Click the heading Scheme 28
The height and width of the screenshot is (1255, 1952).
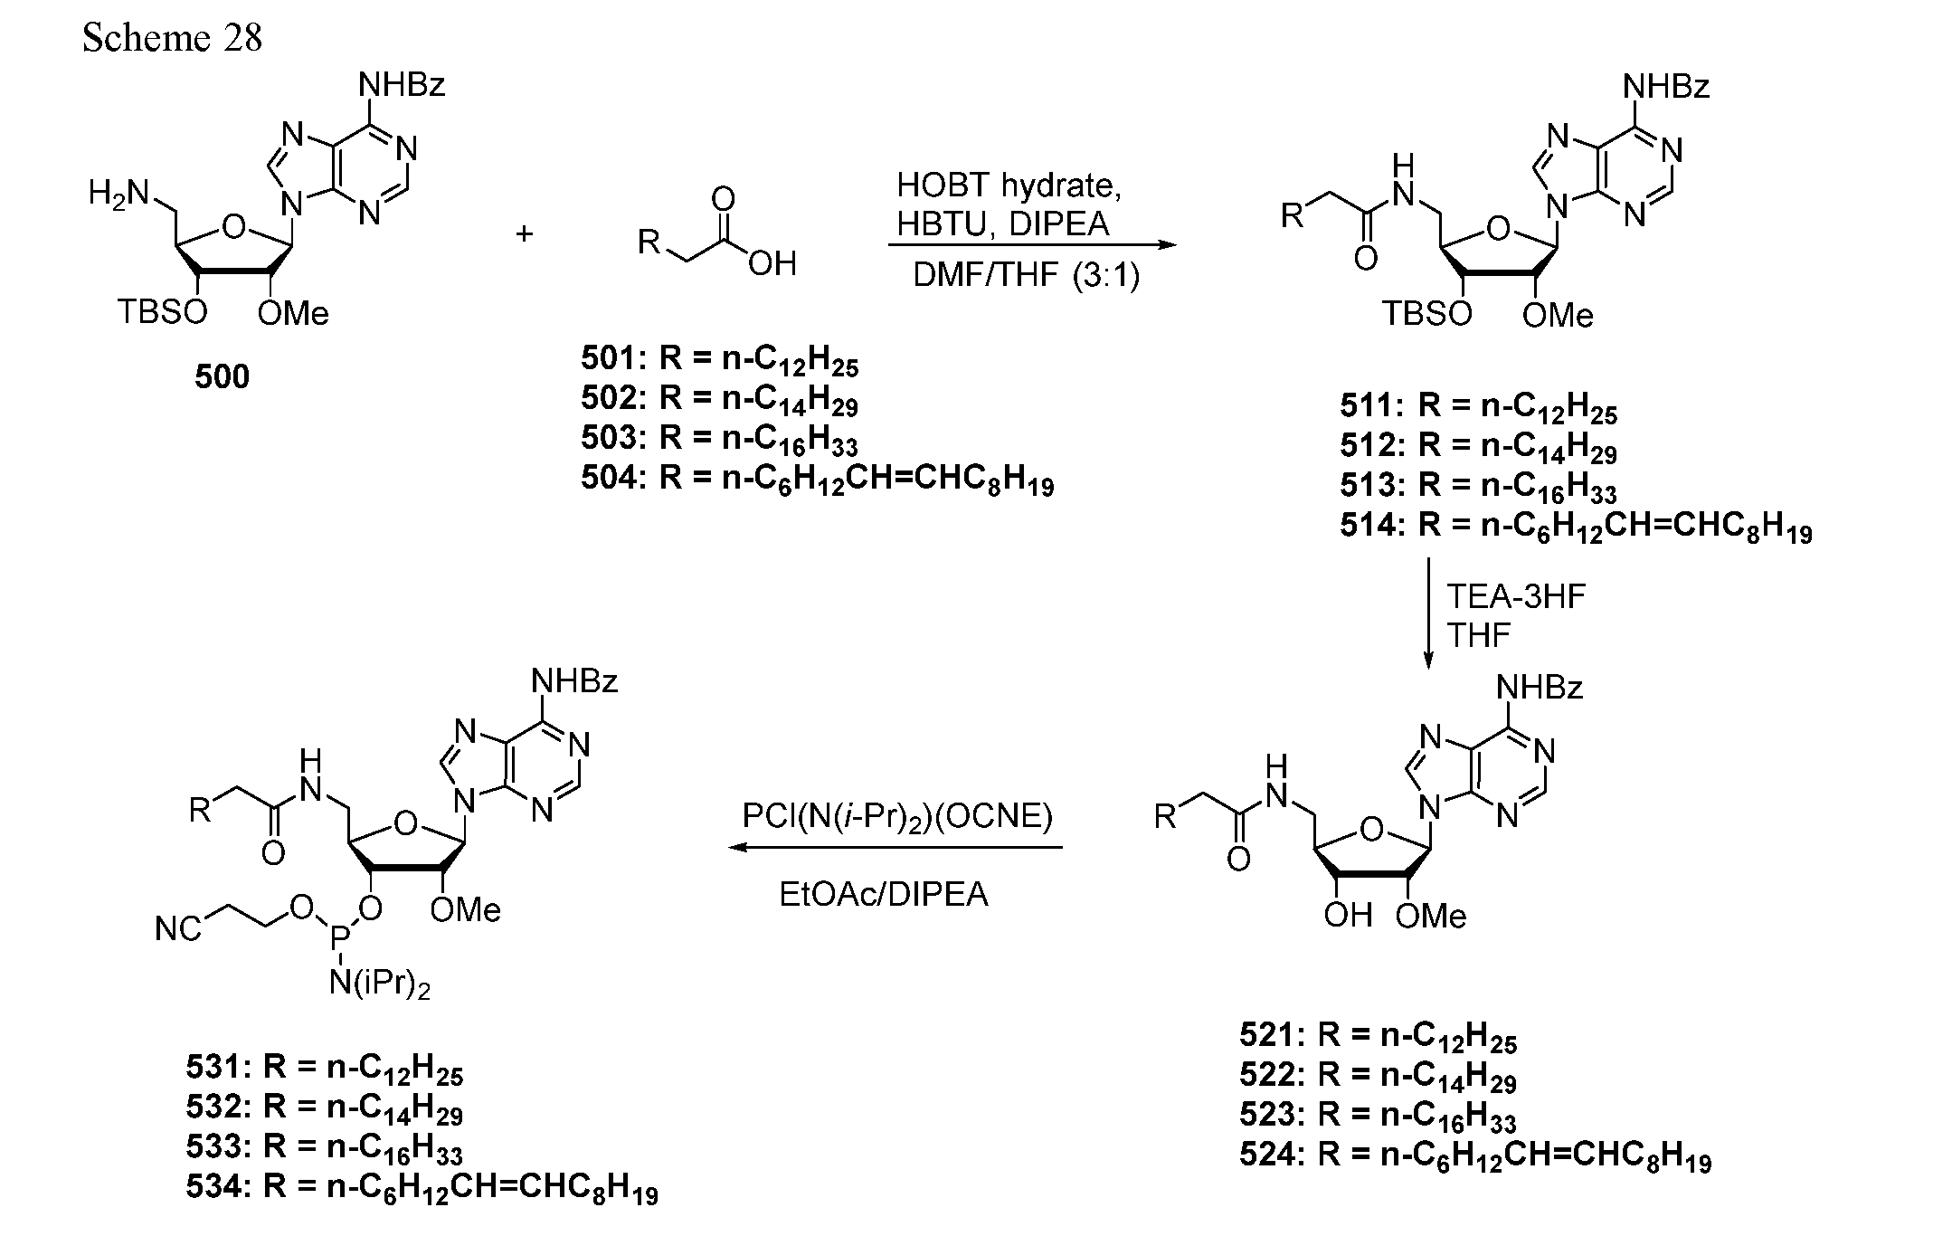coord(172,37)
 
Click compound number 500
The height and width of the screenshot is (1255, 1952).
coord(222,376)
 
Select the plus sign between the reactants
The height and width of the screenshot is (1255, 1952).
coord(525,234)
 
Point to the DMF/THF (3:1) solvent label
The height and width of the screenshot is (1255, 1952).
coord(1026,275)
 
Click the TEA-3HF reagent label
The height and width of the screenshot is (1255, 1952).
coord(1516,597)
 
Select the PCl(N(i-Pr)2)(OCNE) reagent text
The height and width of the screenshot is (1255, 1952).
coord(897,817)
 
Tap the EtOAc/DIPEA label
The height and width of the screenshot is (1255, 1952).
coord(884,895)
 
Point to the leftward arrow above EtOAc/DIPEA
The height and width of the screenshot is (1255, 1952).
coord(895,848)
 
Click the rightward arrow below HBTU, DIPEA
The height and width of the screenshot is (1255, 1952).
coord(1032,244)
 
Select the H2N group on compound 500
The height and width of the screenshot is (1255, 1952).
coord(118,193)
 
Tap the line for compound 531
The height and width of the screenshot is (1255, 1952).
coord(325,1070)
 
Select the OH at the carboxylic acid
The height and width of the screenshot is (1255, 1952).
coord(772,264)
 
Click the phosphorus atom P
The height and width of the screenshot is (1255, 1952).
coord(338,946)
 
